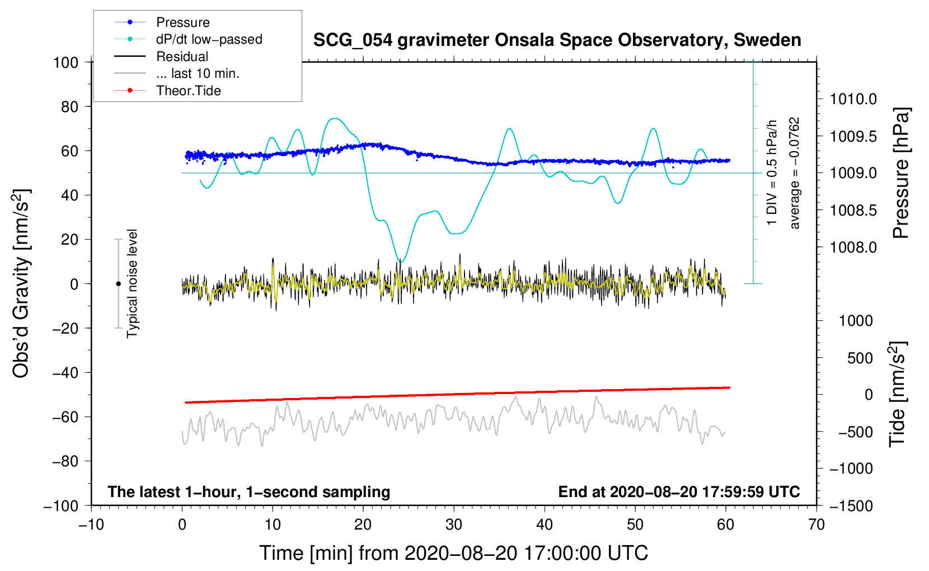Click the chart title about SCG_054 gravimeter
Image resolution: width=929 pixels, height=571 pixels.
coord(557,40)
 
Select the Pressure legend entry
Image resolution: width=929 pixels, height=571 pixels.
coord(182,22)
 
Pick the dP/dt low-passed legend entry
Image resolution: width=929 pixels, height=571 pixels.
coord(209,39)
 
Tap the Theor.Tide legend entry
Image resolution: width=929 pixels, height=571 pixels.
coord(188,91)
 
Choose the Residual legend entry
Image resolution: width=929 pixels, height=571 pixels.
coord(182,57)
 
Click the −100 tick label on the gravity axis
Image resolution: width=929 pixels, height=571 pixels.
coord(62,506)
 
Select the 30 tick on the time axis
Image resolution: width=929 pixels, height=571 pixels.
coord(454,525)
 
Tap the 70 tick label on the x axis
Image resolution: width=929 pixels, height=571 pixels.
coord(817,525)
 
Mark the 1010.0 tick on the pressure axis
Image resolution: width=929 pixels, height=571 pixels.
coord(853,99)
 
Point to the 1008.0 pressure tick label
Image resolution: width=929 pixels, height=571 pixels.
coord(853,247)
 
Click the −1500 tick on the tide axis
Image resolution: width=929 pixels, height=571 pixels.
coord(851,506)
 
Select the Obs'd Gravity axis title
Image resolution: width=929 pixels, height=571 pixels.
coord(21,284)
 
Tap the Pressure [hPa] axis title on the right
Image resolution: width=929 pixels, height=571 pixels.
coord(901,173)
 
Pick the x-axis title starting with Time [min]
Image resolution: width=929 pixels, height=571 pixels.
coord(454,553)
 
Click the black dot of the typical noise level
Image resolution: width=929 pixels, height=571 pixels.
coord(118,284)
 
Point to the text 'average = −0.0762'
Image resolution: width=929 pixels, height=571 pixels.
coord(795,173)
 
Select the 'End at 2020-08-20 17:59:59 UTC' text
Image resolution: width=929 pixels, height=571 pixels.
coord(679,492)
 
